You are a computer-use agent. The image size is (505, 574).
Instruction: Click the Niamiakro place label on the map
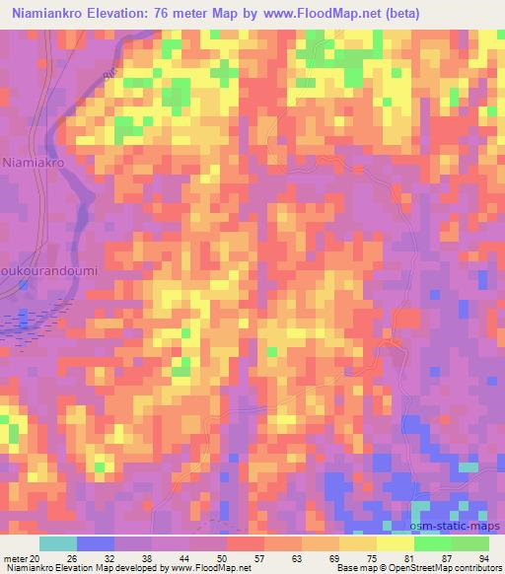(34, 160)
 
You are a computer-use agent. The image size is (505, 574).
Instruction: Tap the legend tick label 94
(483, 559)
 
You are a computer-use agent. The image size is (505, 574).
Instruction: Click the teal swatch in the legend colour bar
(57, 543)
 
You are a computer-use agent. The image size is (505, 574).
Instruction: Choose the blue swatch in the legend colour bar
(95, 543)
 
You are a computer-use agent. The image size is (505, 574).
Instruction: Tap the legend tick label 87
(451, 559)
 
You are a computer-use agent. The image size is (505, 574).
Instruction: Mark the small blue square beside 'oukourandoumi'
(24, 286)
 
